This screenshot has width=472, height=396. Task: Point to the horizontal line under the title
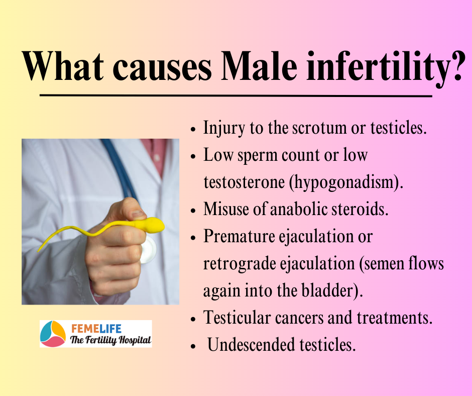pyautogui.click(x=236, y=96)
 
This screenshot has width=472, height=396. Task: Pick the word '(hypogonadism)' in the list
pyautogui.click(x=346, y=182)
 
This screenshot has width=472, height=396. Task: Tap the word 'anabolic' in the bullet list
pyautogui.click(x=299, y=209)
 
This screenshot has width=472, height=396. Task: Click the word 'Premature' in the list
pyautogui.click(x=240, y=236)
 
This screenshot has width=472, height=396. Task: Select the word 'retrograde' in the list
pyautogui.click(x=240, y=264)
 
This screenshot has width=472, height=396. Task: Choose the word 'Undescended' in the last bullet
pyautogui.click(x=251, y=344)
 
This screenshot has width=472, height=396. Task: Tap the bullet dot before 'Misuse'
pyautogui.click(x=193, y=211)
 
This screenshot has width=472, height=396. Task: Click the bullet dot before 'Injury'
pyautogui.click(x=193, y=130)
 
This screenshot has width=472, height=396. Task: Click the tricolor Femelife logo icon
pyautogui.click(x=53, y=334)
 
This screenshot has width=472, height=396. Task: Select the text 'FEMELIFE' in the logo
pyautogui.click(x=96, y=329)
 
